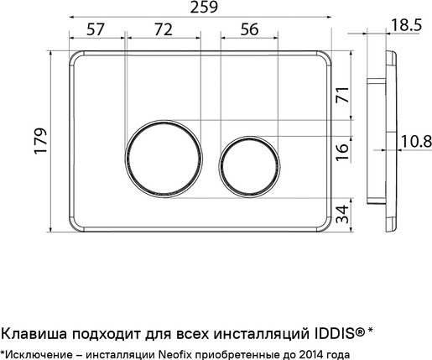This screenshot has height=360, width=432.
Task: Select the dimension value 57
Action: (x=95, y=29)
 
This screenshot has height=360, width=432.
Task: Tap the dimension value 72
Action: (x=163, y=29)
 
